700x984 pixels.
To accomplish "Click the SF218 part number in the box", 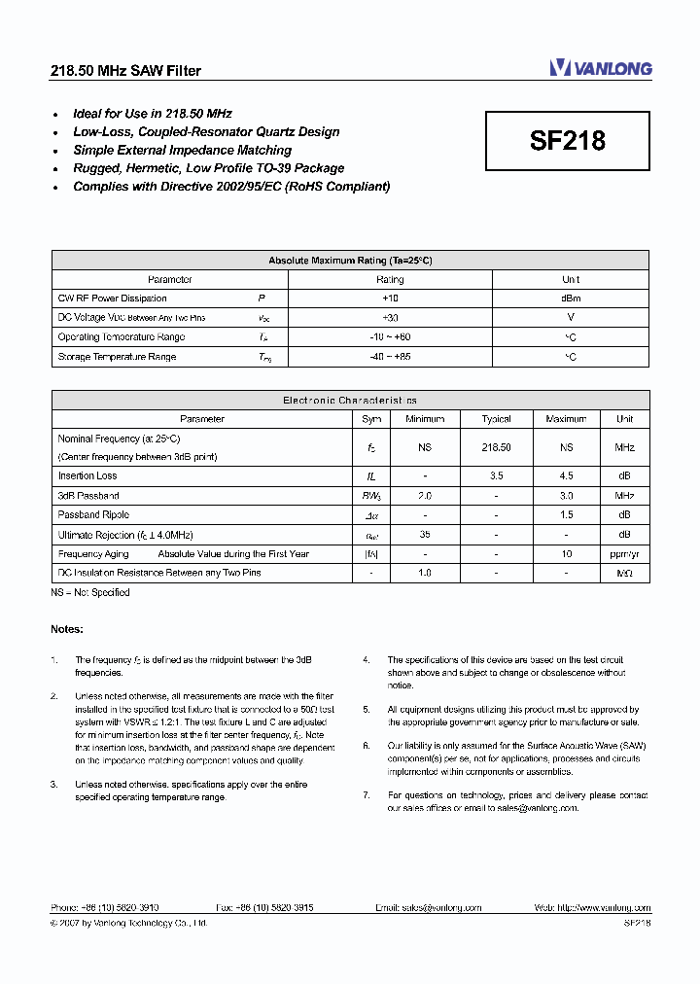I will point(568,141).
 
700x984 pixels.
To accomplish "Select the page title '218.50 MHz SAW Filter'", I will point(125,71).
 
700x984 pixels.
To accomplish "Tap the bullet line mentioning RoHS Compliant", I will point(231,186).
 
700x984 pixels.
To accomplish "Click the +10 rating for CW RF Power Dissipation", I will point(390,299).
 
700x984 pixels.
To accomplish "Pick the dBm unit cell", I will point(571,299).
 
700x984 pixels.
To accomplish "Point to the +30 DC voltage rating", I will point(390,318).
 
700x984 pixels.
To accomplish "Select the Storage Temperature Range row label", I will point(117,357).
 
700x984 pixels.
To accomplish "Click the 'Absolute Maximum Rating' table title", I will point(350,261).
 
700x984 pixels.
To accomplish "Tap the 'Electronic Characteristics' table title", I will point(350,400).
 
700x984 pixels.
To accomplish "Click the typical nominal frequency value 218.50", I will point(496,447).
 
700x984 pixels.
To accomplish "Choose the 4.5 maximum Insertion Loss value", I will point(566,476).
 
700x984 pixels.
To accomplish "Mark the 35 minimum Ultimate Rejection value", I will point(425,534).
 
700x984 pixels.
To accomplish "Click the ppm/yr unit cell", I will point(624,553).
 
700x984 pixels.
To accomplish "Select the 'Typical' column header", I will point(496,419).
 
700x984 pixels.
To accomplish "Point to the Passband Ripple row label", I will point(93,514).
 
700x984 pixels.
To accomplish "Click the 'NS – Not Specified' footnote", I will point(90,592).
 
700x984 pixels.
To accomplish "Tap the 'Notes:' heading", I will point(67,629).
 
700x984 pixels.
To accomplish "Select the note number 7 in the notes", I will point(367,795).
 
